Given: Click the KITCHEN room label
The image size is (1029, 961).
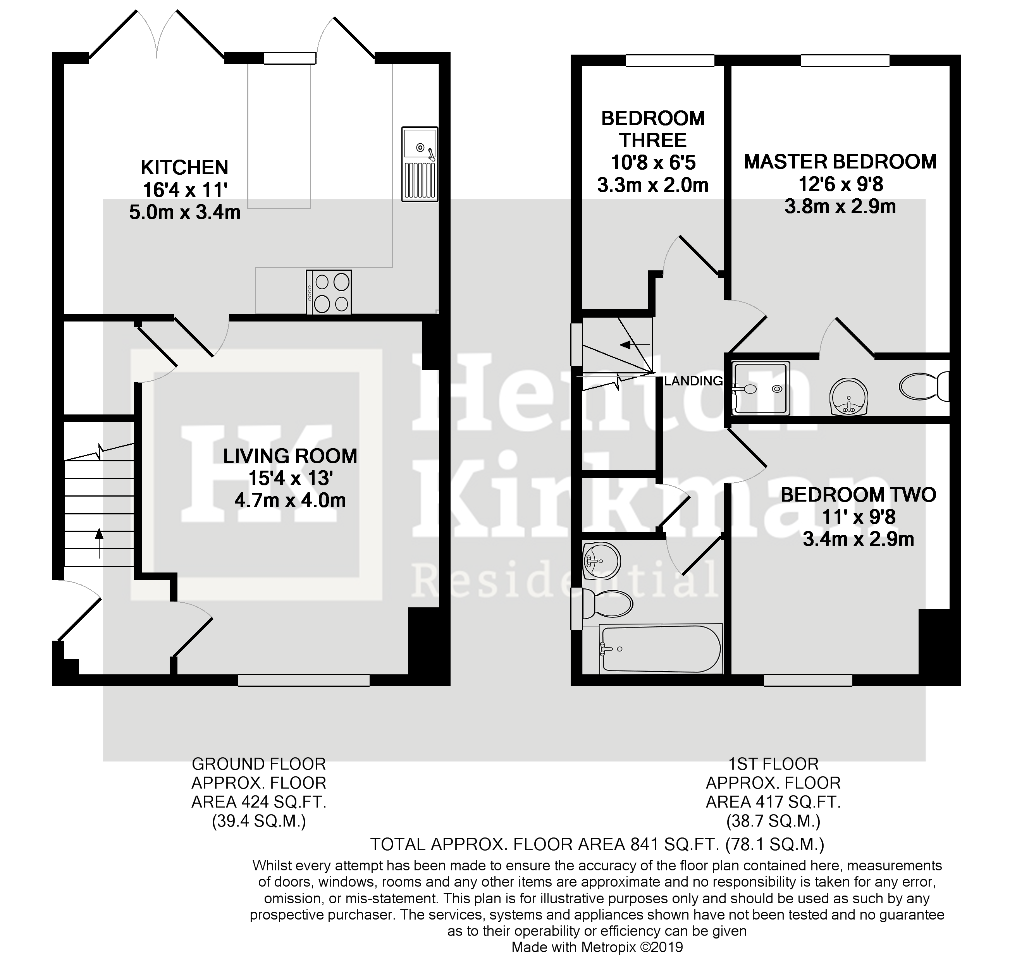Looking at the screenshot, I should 184,168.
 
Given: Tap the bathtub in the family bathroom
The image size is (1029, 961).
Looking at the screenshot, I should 660,649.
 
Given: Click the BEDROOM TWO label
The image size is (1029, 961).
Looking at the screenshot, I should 858,495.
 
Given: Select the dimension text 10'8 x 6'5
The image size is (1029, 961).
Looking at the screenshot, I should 653,163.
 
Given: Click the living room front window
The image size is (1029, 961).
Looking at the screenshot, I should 303,680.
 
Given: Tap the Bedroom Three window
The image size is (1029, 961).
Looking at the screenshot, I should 670,60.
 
